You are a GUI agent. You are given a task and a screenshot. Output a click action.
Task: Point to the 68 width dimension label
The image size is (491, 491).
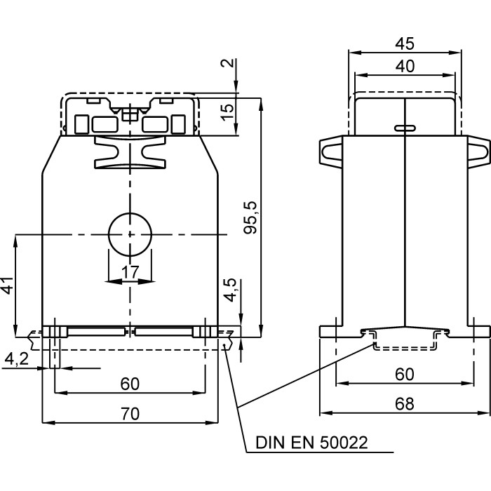point(404,404)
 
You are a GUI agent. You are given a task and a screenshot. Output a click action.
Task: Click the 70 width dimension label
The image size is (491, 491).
point(130,414)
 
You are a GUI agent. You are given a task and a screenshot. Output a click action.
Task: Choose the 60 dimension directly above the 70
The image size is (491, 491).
point(130,384)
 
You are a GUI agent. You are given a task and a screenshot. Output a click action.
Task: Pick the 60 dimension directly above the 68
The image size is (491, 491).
point(404,375)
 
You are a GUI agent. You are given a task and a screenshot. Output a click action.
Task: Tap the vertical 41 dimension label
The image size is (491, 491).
point(7,285)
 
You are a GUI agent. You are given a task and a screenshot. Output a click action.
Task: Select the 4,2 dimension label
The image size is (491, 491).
point(17,359)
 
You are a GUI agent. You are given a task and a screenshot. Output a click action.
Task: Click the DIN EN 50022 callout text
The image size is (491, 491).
point(311,443)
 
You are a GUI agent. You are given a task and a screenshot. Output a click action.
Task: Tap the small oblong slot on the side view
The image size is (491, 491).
point(404,128)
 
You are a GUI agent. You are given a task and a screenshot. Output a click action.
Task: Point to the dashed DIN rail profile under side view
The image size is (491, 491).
point(405,341)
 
